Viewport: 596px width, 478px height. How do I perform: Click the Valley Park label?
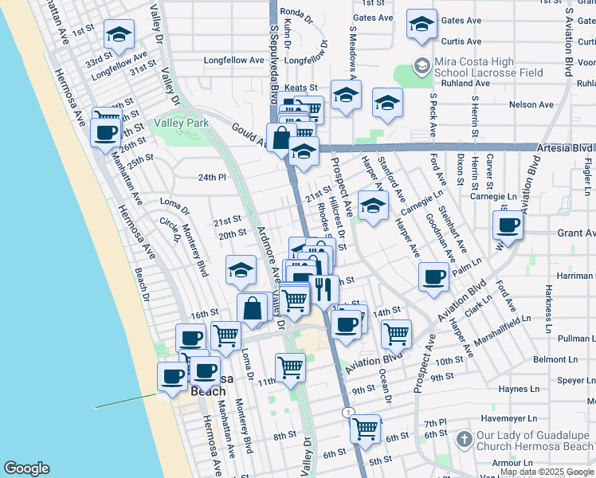coord(181,123)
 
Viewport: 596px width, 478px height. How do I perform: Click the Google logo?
coord(26,468)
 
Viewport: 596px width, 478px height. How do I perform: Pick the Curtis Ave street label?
coord(461,41)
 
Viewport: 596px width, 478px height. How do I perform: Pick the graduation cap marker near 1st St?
coord(119,33)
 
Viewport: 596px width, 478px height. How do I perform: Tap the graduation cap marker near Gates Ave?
coord(422,23)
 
